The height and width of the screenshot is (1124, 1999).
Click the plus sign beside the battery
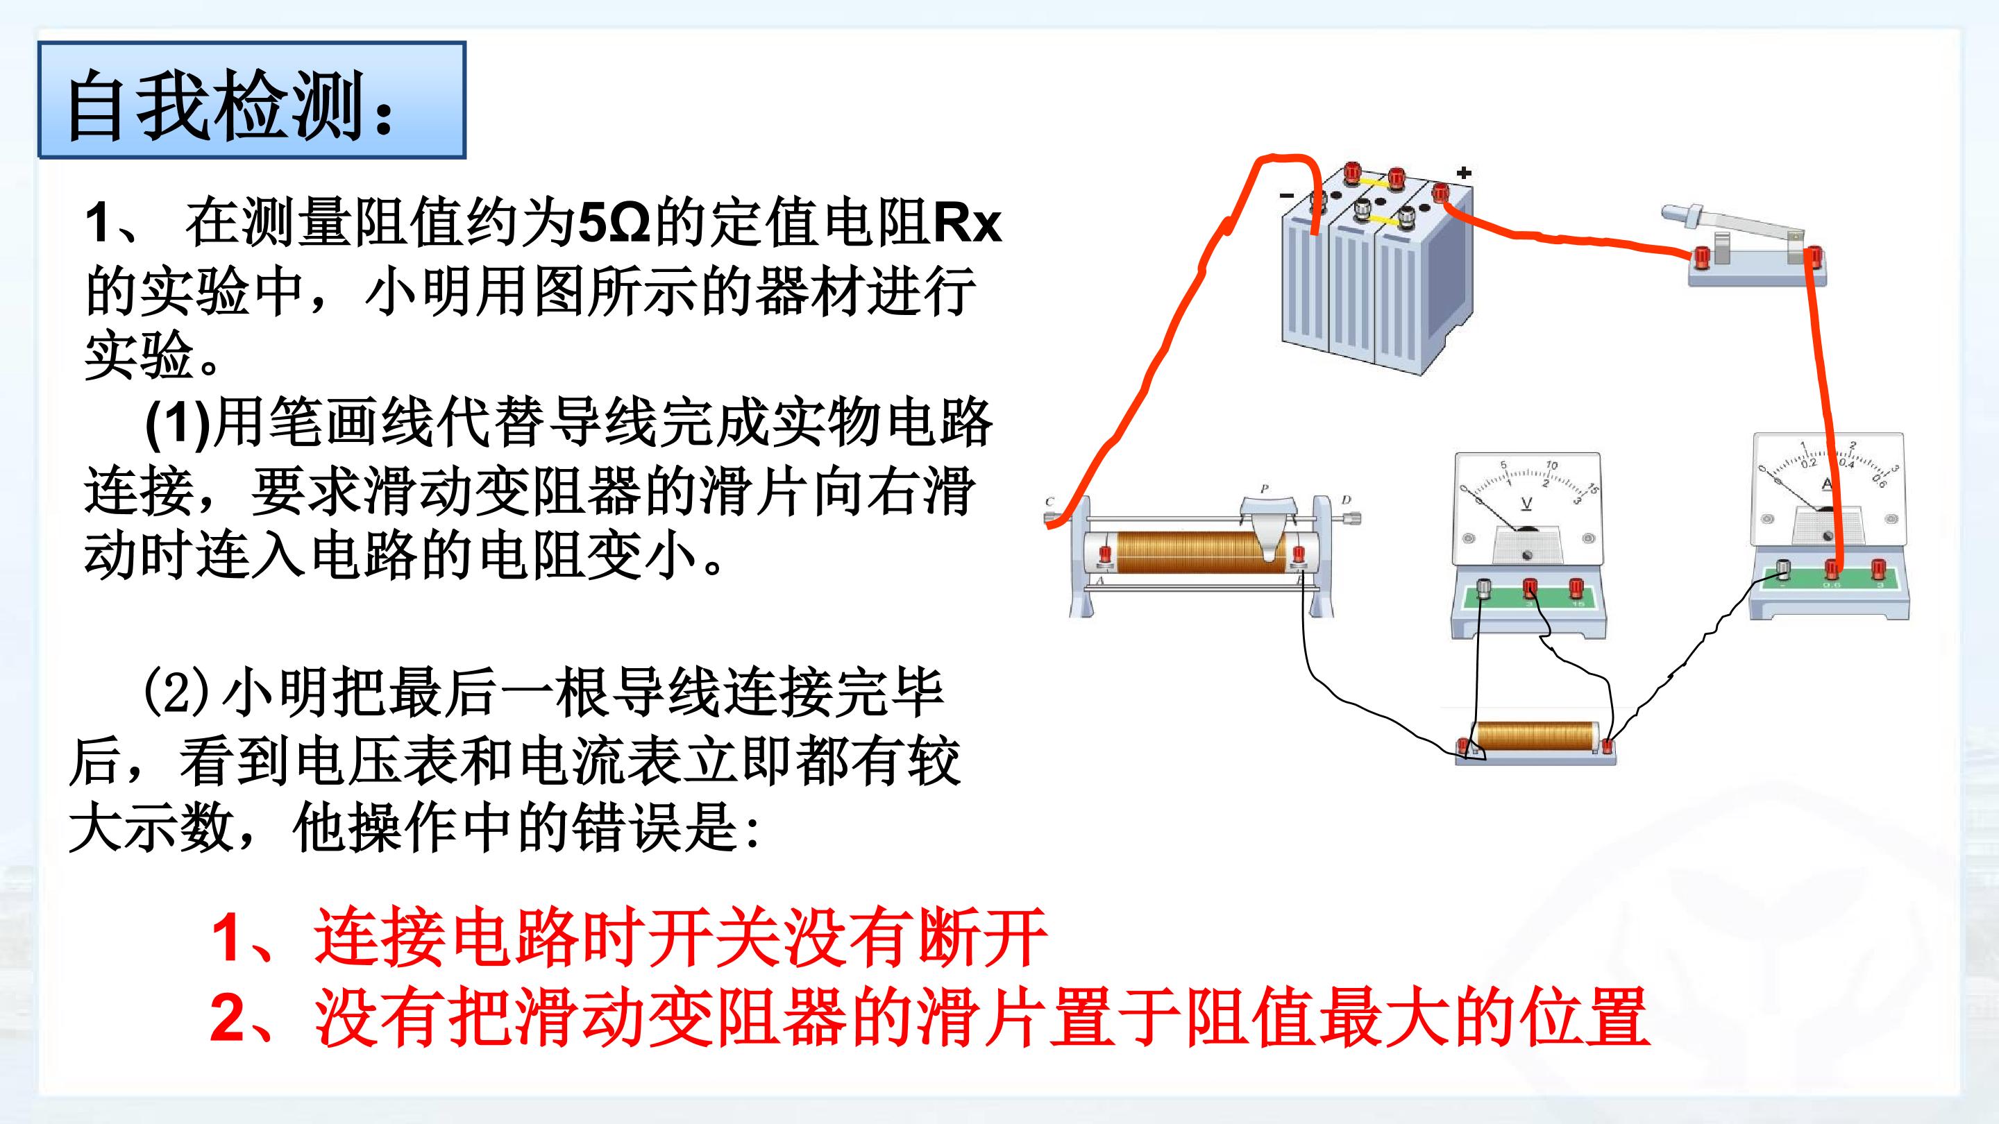1464,173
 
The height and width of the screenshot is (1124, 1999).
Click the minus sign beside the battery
1287,194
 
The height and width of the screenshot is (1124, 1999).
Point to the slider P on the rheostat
1503,528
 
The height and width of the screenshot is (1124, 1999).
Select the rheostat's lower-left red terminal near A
1105,554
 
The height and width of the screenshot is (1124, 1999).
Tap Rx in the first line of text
966,223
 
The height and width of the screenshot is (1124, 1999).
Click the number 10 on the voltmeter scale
1551,465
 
